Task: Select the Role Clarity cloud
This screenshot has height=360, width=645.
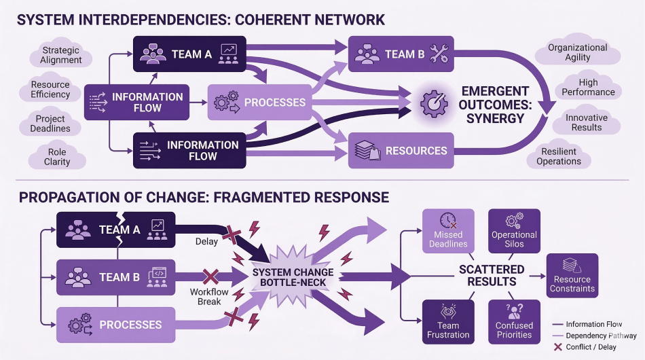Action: tap(57, 157)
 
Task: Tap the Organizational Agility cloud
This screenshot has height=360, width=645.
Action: tap(577, 52)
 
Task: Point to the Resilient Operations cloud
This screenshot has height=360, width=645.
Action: tap(559, 156)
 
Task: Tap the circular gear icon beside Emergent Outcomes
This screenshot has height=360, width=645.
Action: tap(432, 103)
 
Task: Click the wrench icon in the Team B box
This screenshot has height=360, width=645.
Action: tap(439, 55)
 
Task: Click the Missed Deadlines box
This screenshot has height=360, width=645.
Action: tap(448, 231)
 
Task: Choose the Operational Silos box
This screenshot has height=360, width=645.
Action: tap(514, 231)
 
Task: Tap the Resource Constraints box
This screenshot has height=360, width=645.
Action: tap(572, 275)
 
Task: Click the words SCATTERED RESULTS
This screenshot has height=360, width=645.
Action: tap(492, 275)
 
